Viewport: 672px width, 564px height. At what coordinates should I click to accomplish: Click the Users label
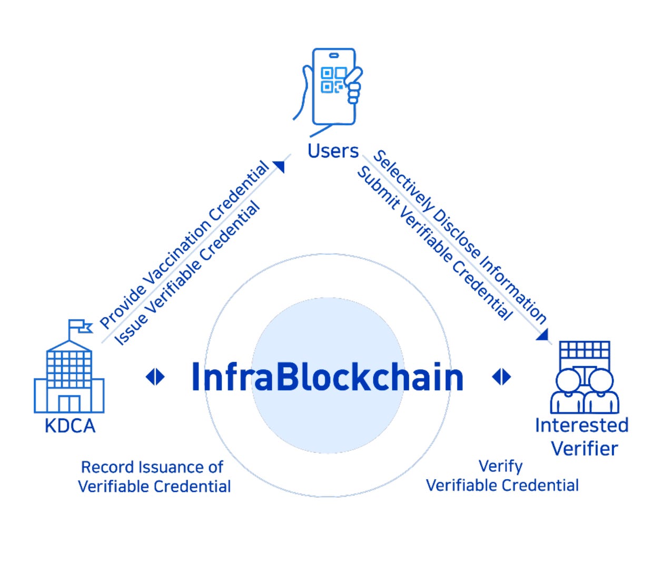333,151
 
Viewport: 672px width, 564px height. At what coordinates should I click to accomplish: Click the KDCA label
70,426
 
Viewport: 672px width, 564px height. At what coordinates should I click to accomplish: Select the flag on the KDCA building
81,326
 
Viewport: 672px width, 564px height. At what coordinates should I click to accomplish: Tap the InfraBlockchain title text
327,378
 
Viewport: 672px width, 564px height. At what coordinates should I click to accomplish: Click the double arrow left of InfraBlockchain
155,377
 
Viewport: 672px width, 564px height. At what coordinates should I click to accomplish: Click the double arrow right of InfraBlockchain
501,377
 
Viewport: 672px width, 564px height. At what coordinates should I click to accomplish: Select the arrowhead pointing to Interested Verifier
542,334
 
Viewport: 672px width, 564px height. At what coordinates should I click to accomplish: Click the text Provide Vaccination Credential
184,245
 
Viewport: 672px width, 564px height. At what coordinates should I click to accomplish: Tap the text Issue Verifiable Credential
187,273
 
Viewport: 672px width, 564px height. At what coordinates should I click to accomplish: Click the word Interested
581,425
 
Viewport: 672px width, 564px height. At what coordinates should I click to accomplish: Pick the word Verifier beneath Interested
584,449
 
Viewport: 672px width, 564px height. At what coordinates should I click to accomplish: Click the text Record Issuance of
152,467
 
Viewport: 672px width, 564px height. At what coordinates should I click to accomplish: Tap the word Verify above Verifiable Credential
500,466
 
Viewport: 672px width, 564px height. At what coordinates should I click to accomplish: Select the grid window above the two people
584,350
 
